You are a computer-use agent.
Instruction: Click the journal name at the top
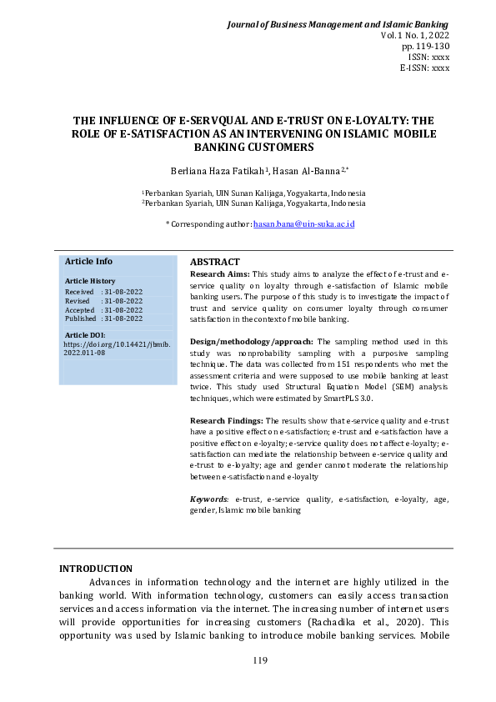click(x=338, y=25)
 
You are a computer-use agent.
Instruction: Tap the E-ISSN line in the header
click(x=424, y=68)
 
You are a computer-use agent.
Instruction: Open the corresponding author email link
click(x=303, y=223)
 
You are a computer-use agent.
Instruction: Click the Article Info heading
click(x=88, y=261)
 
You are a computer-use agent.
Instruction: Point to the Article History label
click(x=90, y=281)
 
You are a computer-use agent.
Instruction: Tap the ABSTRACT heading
click(x=215, y=262)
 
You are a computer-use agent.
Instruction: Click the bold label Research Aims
click(x=219, y=273)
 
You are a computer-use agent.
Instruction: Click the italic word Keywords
click(x=208, y=499)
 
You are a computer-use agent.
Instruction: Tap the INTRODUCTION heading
click(x=95, y=569)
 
